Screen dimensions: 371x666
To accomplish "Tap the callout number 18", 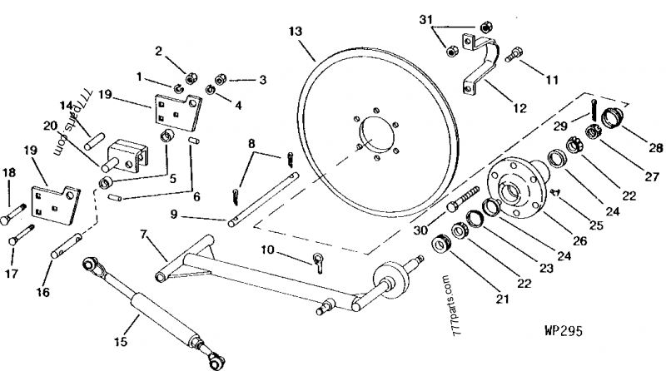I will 12,172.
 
